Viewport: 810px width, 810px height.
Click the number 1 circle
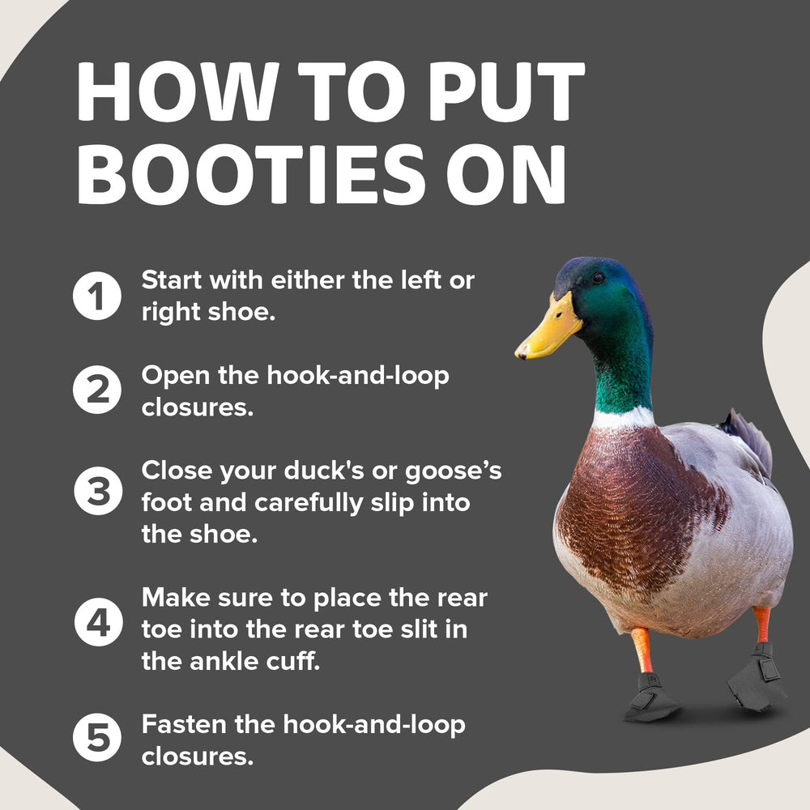click(x=97, y=296)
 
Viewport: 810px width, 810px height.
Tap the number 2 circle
click(x=97, y=390)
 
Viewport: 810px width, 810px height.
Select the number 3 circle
click(x=98, y=491)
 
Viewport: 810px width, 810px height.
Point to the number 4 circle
click(x=98, y=622)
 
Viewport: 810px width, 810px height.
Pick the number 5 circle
click(x=97, y=737)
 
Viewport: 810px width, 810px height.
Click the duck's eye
click(x=599, y=277)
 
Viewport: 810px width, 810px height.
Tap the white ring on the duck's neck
click(x=623, y=417)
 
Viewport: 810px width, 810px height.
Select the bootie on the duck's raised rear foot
click(x=757, y=676)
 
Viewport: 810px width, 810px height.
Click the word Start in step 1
click(x=172, y=280)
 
